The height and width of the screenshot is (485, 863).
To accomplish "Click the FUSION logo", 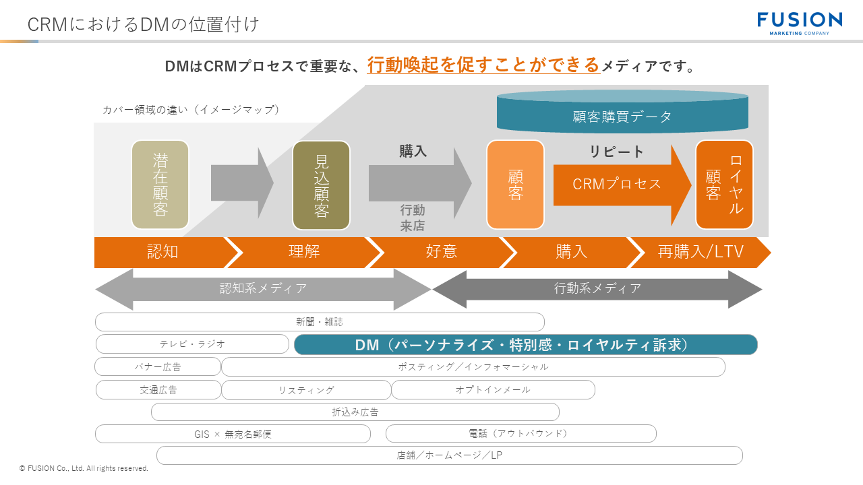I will (x=799, y=23).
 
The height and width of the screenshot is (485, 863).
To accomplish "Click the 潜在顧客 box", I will (x=160, y=185).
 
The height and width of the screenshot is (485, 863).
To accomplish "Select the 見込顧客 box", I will (x=321, y=185).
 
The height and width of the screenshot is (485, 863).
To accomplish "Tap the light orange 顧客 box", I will (x=515, y=185).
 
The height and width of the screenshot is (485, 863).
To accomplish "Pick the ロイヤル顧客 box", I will (x=724, y=185).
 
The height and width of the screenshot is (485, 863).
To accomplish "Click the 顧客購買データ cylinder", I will (x=622, y=112).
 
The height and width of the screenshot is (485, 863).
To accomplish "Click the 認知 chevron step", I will (x=162, y=252).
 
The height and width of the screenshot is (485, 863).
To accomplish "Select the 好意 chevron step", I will (x=442, y=252).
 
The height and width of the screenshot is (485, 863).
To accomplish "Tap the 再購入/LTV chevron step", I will (x=700, y=252).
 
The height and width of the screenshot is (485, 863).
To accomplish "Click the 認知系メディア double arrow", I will (x=263, y=289).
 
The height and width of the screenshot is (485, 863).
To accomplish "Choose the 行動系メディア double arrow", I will (x=597, y=289).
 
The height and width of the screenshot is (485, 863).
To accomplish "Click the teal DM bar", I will (x=526, y=345).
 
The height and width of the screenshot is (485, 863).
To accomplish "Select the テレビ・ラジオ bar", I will (x=192, y=344).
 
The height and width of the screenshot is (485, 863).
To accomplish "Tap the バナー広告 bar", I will (x=158, y=367).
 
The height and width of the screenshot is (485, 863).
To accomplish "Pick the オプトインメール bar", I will (x=493, y=390).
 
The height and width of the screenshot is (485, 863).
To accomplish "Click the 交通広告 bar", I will (x=158, y=390).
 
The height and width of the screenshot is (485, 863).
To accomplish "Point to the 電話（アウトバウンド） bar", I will (x=520, y=434).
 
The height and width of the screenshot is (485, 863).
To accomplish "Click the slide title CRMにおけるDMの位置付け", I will (x=143, y=24).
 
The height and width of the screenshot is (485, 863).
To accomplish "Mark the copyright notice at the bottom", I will (x=84, y=468).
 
